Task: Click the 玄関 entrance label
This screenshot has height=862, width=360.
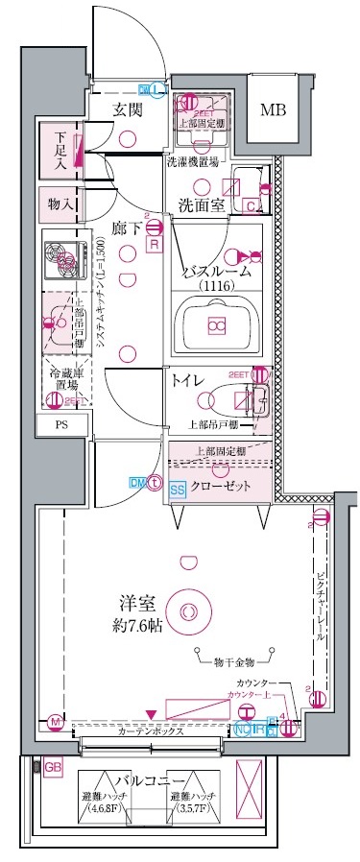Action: (x=127, y=108)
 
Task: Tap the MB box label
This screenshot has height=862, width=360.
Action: (x=274, y=109)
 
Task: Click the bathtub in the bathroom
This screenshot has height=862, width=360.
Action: (x=216, y=327)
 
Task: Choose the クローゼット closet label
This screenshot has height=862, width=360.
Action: (x=222, y=487)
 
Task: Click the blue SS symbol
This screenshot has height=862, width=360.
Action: (x=178, y=490)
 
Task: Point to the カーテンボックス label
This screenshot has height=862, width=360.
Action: (x=156, y=731)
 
